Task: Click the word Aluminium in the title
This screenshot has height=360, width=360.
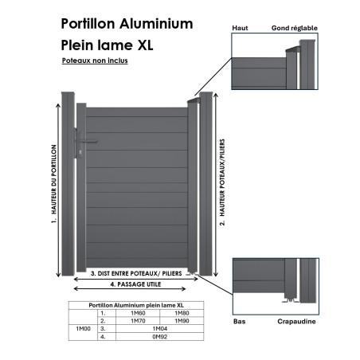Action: click(x=156, y=24)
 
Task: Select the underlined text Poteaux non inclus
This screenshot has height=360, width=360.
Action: click(x=95, y=61)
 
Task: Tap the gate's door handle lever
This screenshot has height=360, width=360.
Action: click(x=88, y=142)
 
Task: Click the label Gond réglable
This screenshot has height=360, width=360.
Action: click(x=295, y=28)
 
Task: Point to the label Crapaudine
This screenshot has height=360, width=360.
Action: click(x=296, y=322)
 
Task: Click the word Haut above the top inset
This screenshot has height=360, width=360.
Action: click(x=240, y=28)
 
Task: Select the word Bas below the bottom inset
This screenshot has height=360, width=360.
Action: click(x=239, y=322)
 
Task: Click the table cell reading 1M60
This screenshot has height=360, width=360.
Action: click(x=138, y=313)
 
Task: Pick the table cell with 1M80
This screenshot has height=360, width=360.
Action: click(x=182, y=313)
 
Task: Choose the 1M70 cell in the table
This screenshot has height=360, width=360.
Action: click(x=138, y=321)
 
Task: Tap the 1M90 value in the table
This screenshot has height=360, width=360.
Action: click(x=182, y=321)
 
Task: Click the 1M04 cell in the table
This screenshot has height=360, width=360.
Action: click(x=160, y=329)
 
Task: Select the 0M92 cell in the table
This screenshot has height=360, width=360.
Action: click(x=160, y=337)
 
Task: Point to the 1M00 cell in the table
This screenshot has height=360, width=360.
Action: click(x=84, y=329)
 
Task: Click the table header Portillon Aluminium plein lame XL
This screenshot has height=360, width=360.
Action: click(x=136, y=305)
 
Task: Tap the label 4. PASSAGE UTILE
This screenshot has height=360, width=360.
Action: click(x=135, y=284)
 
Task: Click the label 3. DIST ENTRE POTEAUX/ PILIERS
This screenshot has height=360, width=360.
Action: click(x=136, y=273)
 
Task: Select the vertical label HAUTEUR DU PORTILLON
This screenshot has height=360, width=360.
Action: click(x=54, y=179)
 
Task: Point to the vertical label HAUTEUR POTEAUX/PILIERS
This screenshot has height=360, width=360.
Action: click(x=222, y=178)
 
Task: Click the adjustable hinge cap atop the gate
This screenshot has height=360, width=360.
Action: click(x=194, y=100)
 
